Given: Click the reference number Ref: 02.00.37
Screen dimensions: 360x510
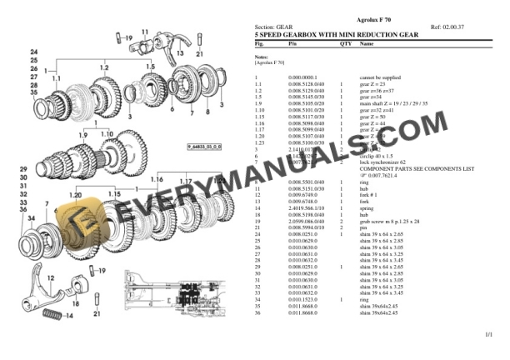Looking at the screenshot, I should pyautogui.click(x=447, y=27).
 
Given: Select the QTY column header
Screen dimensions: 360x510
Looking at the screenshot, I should pyautogui.click(x=345, y=42).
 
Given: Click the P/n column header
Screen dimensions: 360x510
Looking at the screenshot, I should pyautogui.click(x=292, y=42).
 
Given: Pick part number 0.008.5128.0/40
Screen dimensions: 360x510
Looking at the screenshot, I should pyautogui.click(x=302, y=83).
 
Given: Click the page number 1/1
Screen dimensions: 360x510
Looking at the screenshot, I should pyautogui.click(x=487, y=334).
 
